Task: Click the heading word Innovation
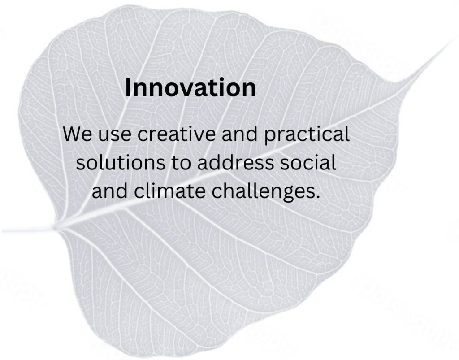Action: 190,87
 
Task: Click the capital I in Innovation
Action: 128,87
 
